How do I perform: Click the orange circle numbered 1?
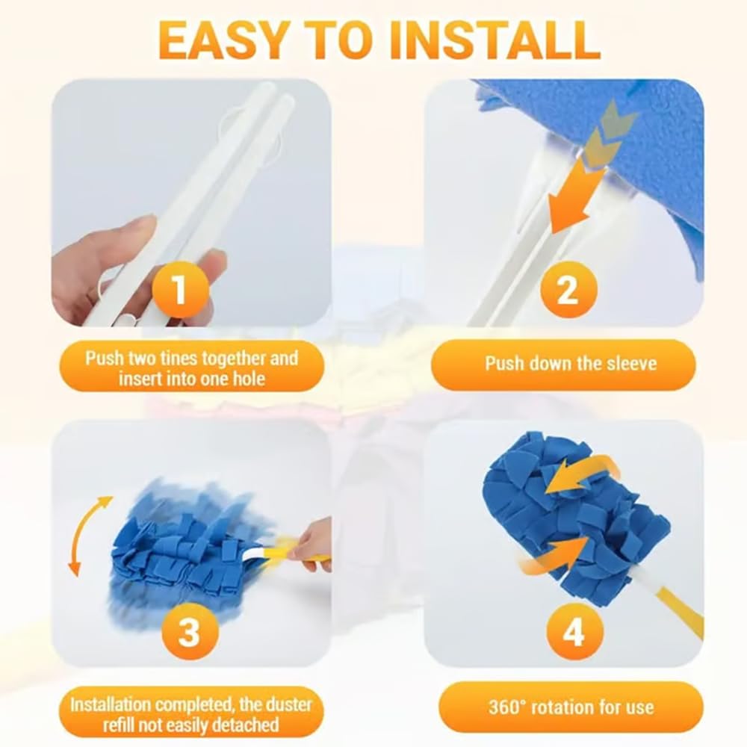click(181, 289)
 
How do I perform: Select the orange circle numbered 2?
click(568, 289)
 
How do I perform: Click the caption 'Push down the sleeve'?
click(571, 364)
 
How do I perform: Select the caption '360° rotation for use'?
click(571, 707)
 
